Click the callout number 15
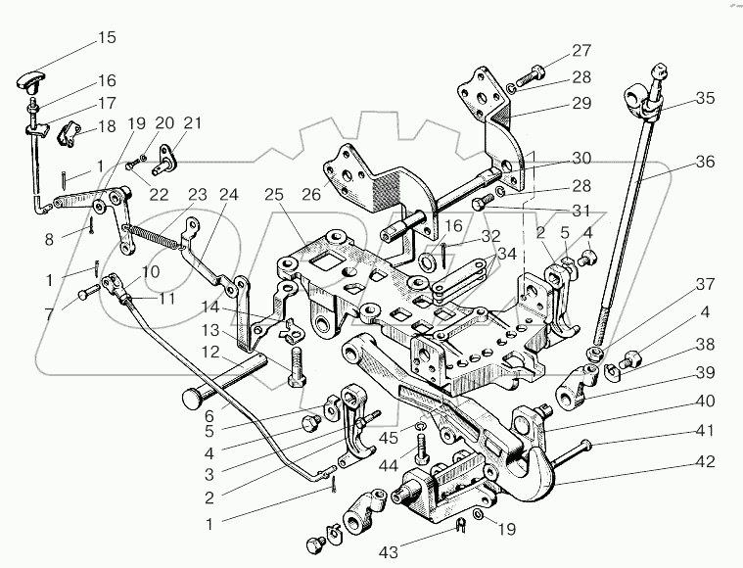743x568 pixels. (105, 38)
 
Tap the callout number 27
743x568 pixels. (581, 51)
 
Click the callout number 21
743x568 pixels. (193, 122)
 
